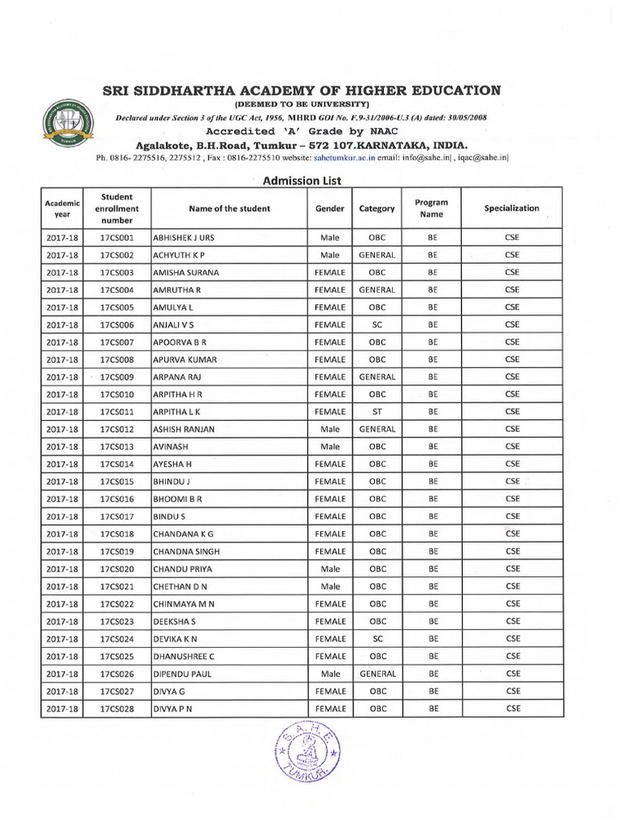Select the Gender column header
(330, 208)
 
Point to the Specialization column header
(512, 208)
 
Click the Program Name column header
(432, 208)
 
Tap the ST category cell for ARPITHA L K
(377, 412)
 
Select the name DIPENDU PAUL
(182, 674)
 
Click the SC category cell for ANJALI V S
(377, 325)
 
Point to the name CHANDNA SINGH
(186, 552)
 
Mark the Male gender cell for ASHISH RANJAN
(330, 430)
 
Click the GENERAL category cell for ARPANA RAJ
(377, 377)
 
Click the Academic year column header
(62, 208)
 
